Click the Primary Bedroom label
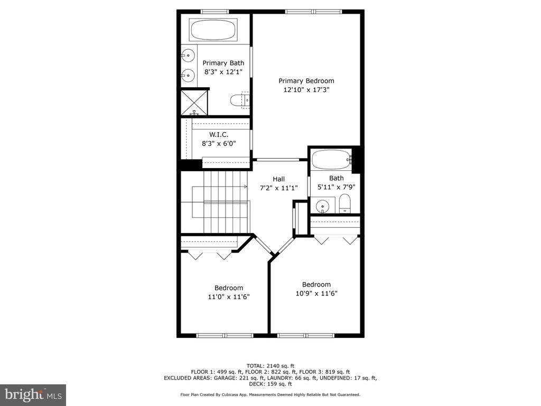[x=306, y=81]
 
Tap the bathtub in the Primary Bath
[x=212, y=30]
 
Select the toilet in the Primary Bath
[x=240, y=100]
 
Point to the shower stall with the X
[x=194, y=103]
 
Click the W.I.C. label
[x=219, y=135]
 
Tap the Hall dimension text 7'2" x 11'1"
[x=279, y=188]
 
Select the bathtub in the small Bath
[x=332, y=160]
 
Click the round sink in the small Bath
[x=323, y=207]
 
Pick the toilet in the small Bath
[x=344, y=204]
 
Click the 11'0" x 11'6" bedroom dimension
[x=229, y=297]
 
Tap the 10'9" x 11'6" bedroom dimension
[x=316, y=293]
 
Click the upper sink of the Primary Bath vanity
[x=188, y=55]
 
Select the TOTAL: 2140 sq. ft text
[x=270, y=366]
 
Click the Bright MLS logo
[x=33, y=394]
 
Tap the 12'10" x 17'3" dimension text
[x=306, y=90]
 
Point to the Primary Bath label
[x=223, y=63]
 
